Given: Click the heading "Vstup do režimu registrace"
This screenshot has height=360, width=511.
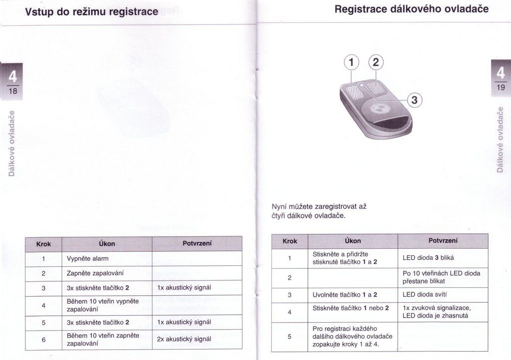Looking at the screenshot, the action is tap(92, 12).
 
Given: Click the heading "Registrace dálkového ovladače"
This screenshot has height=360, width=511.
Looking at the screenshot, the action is tap(412, 9).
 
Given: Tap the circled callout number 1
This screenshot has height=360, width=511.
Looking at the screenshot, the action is tap(351, 62).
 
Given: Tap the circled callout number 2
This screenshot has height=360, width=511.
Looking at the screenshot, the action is tap(376, 62).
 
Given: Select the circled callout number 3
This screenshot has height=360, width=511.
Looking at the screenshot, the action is tap(414, 100).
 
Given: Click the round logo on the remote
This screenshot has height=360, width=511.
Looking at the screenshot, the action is tap(378, 109).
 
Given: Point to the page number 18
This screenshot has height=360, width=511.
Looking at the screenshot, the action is tap(12, 91).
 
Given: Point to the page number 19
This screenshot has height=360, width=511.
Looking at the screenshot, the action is tap(501, 87).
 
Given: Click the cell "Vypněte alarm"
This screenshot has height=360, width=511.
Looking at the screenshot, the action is tap(88, 259).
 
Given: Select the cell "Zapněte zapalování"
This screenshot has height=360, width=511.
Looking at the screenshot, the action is tap(95, 273).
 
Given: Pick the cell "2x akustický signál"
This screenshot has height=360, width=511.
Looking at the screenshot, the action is tap(184, 339).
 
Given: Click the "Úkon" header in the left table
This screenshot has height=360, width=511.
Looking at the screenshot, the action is tap(107, 244).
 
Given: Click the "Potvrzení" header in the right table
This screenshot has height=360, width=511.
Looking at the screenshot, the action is tap(443, 240).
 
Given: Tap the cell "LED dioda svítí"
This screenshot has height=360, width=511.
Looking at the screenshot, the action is tap(425, 295).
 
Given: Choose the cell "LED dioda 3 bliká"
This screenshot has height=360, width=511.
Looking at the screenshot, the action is tap(428, 258).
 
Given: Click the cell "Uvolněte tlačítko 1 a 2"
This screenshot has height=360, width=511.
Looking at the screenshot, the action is tap(345, 295).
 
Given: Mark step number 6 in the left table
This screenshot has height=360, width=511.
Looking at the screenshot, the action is tap(44, 340).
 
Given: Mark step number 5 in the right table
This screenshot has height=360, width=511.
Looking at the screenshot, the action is tap(289, 337).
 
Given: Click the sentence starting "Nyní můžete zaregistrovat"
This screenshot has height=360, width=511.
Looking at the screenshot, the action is tap(319, 211).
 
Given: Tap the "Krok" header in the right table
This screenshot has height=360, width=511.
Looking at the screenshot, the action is tap(290, 241).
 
